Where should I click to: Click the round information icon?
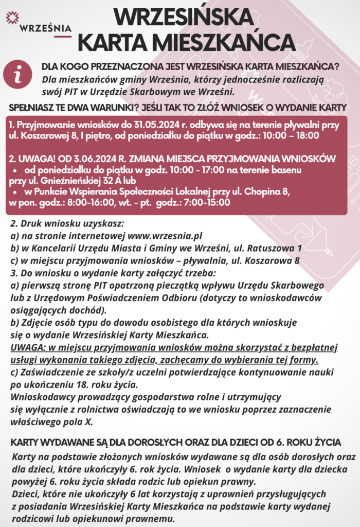[18, 75]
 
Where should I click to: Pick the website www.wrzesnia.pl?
[165, 237]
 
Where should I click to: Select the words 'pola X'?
[78, 421]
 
